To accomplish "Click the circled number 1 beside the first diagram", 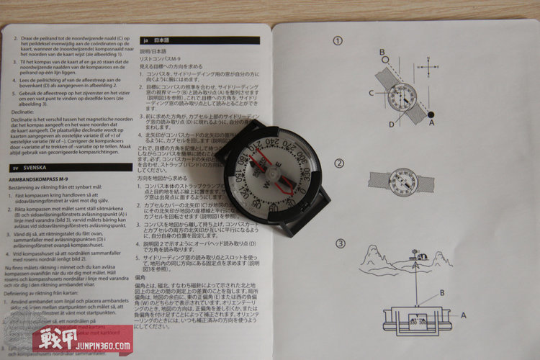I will click(338, 41).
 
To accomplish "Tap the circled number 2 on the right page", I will click(338, 163).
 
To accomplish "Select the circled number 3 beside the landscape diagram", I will click(339, 243).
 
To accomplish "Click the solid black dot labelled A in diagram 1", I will click(431, 114).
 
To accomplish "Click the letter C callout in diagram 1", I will click(372, 92).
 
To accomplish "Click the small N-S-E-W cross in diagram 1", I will click(430, 71).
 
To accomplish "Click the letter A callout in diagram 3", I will click(463, 315).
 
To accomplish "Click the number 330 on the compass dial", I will click(306, 175).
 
